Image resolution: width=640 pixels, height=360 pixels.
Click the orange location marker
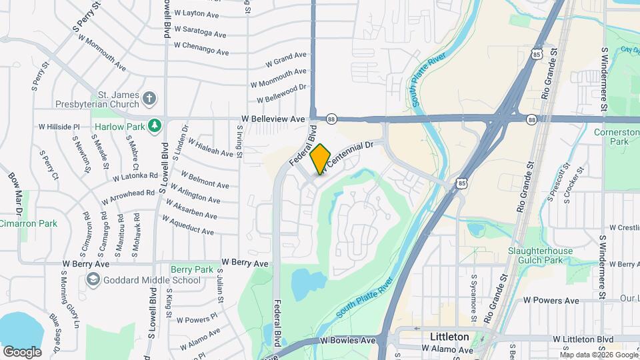(320, 159)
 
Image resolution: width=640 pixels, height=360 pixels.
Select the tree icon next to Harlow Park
(155, 125)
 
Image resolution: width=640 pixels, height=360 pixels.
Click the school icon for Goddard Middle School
(93, 279)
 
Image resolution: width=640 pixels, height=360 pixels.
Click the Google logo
(22, 351)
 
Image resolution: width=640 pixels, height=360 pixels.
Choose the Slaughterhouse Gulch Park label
(539, 255)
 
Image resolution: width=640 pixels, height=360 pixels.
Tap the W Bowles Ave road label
(347, 341)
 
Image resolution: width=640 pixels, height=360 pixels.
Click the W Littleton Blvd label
(583, 339)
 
